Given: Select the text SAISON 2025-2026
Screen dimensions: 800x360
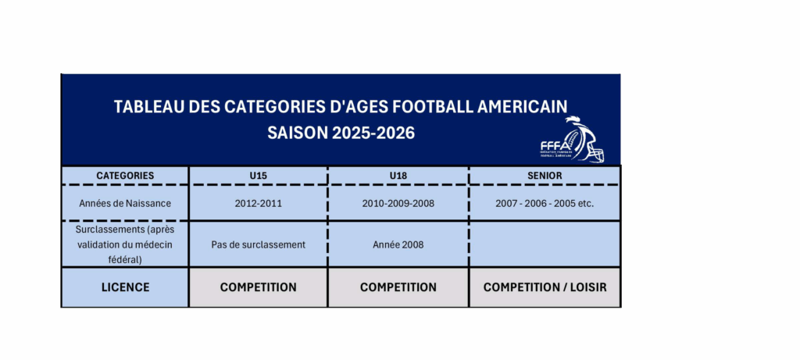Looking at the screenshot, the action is [x=341, y=133].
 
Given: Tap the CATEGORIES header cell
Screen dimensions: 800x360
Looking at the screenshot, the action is [x=125, y=176].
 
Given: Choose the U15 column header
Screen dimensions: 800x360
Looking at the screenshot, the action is [x=258, y=176].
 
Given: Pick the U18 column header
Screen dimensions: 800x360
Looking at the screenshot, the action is [x=398, y=176].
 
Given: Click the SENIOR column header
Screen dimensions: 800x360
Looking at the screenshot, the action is [x=545, y=176].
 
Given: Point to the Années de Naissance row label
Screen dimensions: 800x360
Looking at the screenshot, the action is [x=125, y=203].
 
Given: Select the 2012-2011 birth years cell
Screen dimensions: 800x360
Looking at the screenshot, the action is [x=258, y=203].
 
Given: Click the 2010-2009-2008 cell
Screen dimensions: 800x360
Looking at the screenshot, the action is [x=398, y=203].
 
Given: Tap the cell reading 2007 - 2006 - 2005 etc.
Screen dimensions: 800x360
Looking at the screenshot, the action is [x=545, y=203].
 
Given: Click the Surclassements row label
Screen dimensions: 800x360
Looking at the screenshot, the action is [x=125, y=244].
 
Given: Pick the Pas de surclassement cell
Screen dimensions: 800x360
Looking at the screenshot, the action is [x=258, y=244].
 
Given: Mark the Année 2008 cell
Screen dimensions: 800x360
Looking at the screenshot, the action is [x=398, y=244].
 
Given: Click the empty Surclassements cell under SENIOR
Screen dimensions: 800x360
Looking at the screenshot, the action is [x=545, y=244].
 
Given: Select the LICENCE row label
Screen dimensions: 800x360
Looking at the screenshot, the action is [x=125, y=287].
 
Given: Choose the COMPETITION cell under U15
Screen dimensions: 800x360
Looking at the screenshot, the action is [x=258, y=287].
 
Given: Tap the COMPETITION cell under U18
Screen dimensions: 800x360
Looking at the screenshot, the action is [x=398, y=287].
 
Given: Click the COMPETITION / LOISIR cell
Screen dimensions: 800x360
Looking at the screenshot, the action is [x=545, y=287].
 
